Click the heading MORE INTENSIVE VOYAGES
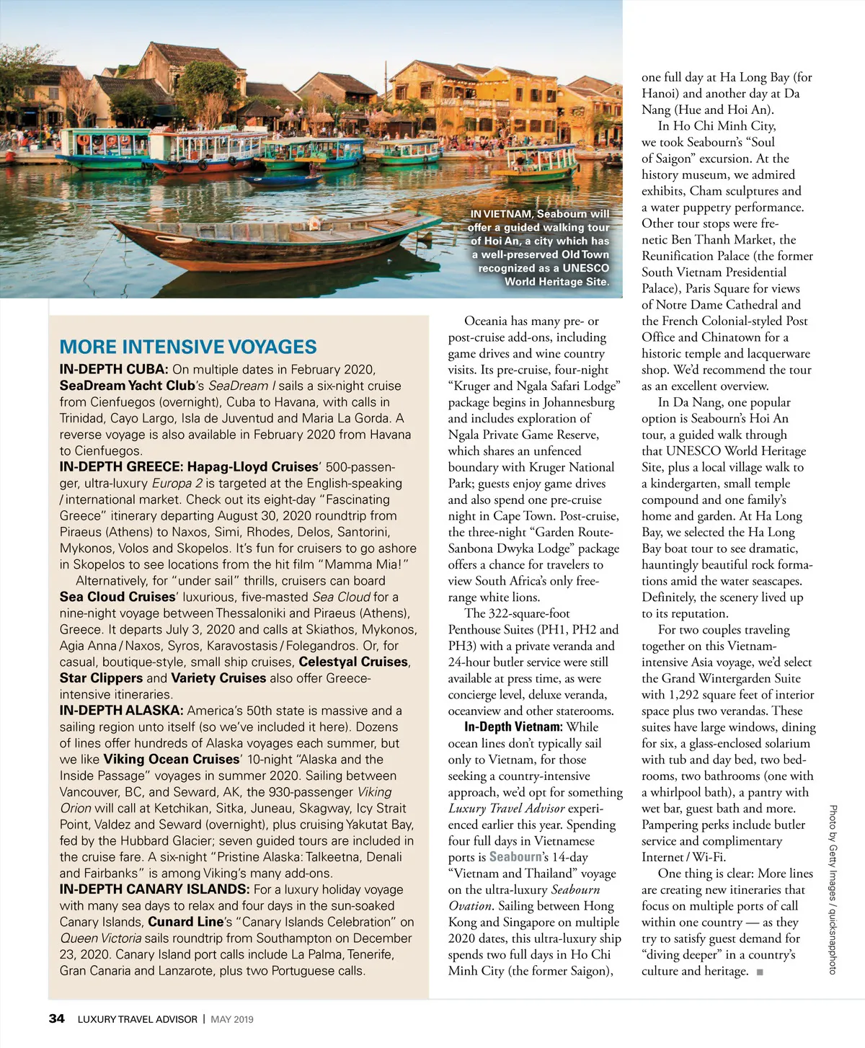[x=188, y=347]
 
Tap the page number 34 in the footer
[x=56, y=1018]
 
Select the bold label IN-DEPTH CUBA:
[x=114, y=370]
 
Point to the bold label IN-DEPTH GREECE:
[x=122, y=467]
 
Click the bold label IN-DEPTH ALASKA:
[x=121, y=711]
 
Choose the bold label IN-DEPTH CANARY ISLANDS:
[x=154, y=889]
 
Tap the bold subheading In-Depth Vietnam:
[x=513, y=727]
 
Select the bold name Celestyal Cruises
[x=353, y=662]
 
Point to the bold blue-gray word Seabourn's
[x=518, y=857]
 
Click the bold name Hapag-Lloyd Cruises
[x=252, y=467]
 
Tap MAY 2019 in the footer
[x=232, y=1019]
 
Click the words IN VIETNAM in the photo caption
[x=501, y=214]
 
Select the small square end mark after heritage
[x=760, y=972]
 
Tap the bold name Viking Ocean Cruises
[x=171, y=760]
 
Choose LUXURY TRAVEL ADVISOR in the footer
[x=137, y=1019]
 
